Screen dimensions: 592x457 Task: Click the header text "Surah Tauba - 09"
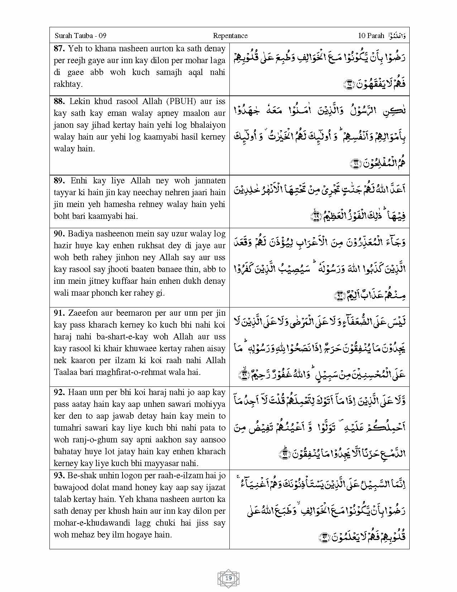[x=80, y=36]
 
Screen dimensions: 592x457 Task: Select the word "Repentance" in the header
[x=230, y=36]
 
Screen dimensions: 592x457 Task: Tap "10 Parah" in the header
[x=371, y=36]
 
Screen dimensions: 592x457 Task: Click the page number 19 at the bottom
[x=229, y=578]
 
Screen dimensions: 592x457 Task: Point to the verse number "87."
[x=59, y=48]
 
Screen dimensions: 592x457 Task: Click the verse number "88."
[x=59, y=101]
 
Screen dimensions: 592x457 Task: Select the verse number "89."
[x=59, y=180]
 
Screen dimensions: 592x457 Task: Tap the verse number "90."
[x=59, y=234]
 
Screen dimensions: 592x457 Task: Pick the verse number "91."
[x=59, y=313]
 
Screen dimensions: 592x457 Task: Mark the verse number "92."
[x=59, y=392]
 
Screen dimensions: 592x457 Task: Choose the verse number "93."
[x=59, y=475]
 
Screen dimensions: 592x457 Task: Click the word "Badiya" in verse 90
[x=80, y=234]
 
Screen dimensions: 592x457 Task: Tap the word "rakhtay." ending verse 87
[x=68, y=84]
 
